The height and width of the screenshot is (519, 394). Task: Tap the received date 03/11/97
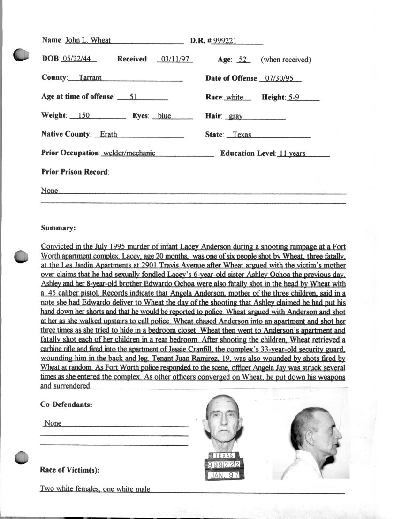(174, 60)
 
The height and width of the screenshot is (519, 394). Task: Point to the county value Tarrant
(90, 78)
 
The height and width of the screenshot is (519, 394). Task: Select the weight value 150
(84, 116)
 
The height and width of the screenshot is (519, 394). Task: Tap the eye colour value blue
(164, 116)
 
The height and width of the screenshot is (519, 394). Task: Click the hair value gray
(236, 116)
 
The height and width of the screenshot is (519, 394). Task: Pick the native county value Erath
(108, 135)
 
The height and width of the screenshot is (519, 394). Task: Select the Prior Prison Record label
(75, 172)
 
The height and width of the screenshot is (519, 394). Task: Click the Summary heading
(58, 229)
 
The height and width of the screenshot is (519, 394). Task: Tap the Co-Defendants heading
(66, 405)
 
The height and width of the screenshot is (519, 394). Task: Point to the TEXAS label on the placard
(224, 456)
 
